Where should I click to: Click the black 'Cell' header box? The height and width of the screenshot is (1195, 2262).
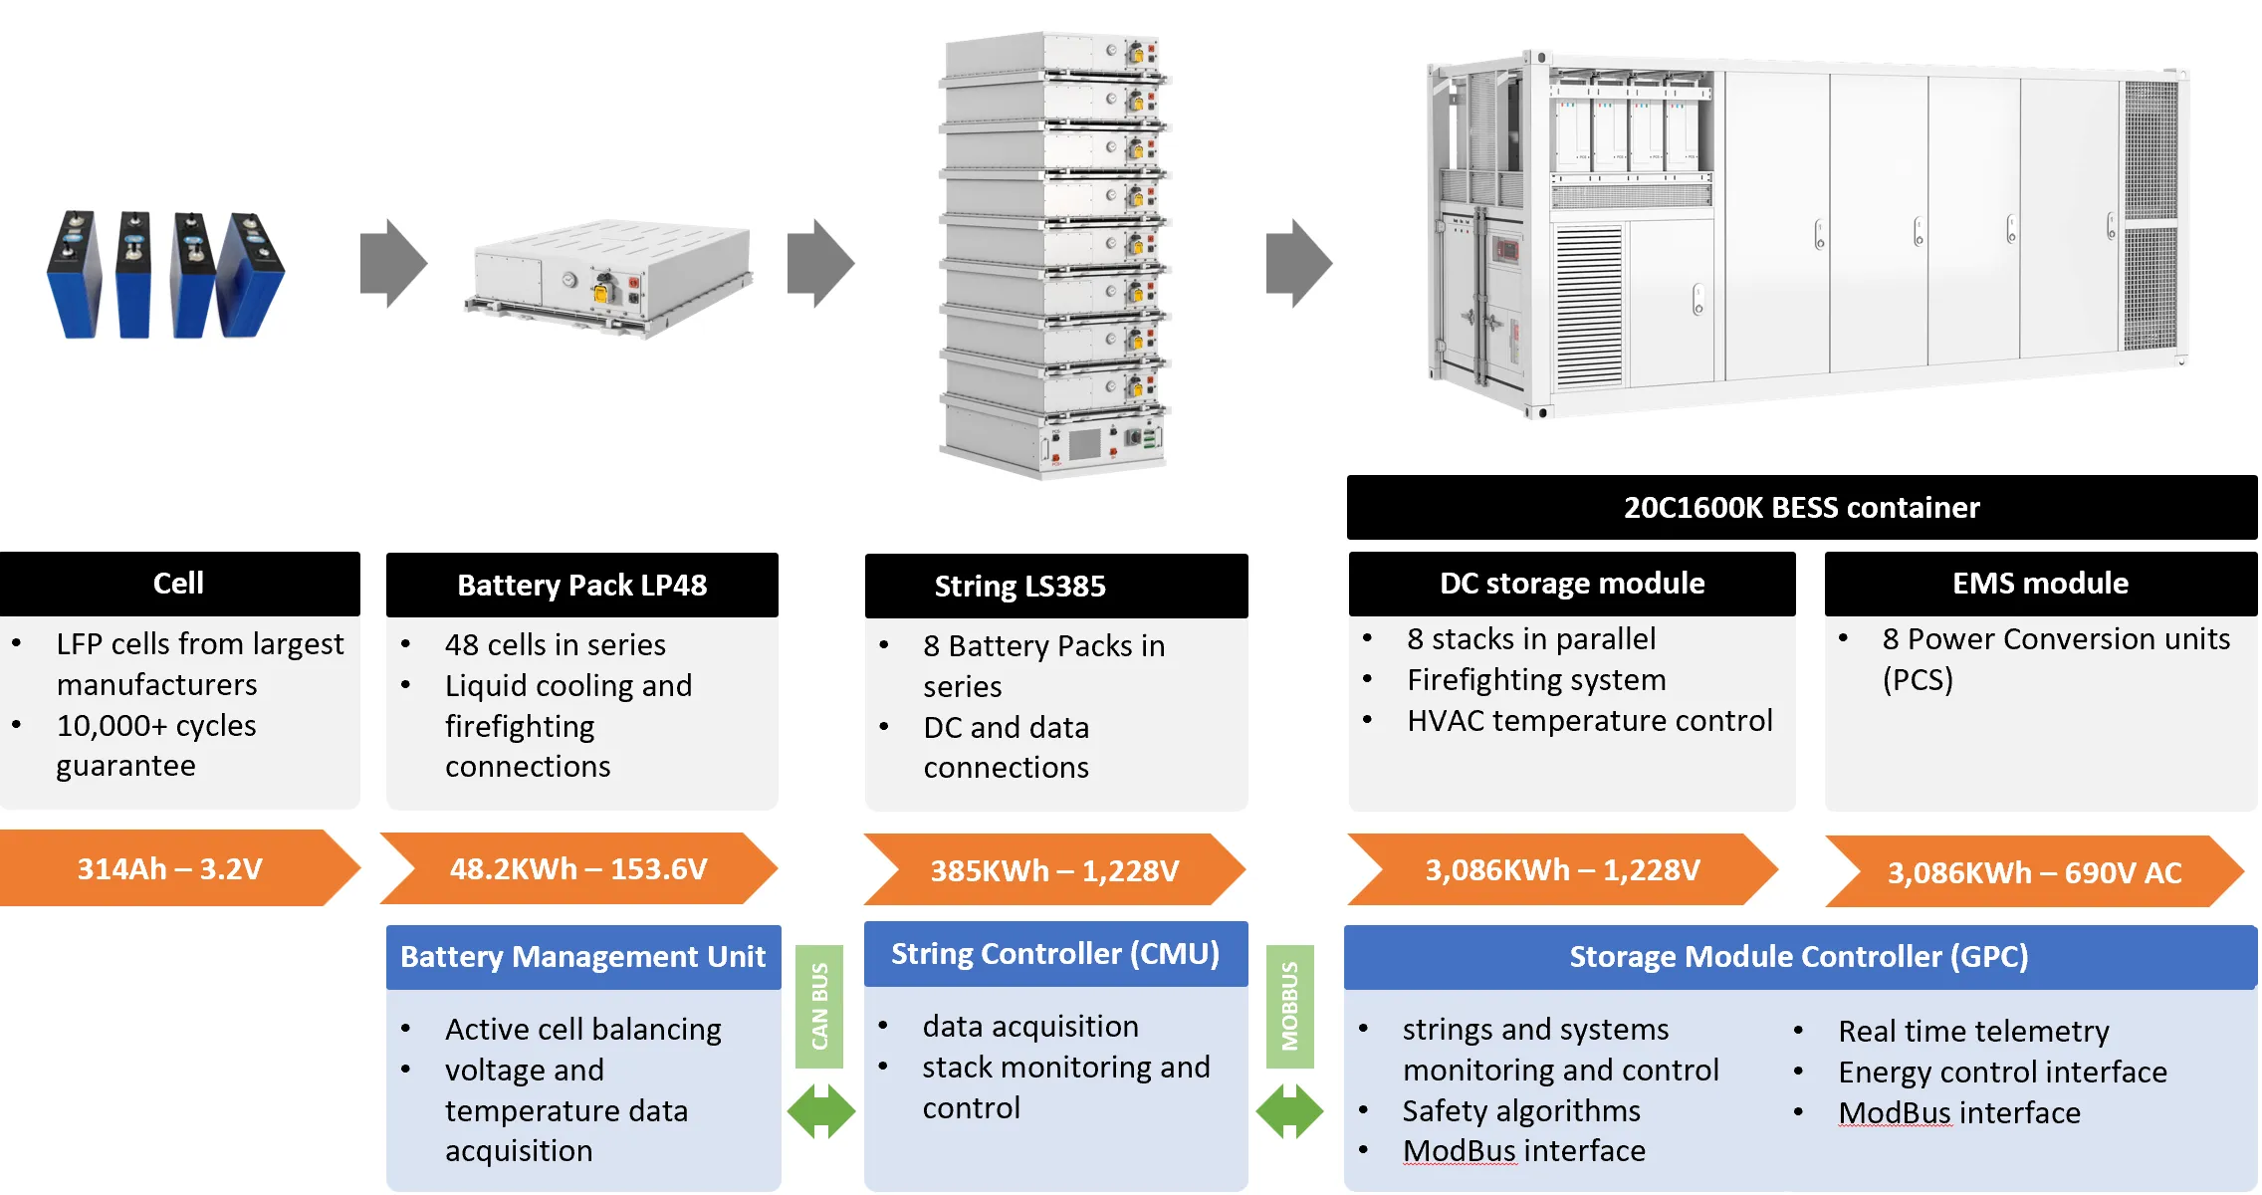coord(179,584)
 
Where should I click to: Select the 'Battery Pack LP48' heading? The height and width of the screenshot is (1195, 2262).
coord(582,585)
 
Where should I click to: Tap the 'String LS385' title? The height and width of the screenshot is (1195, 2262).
coord(1055,586)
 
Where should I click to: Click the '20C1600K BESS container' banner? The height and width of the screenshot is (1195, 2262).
coord(1802,507)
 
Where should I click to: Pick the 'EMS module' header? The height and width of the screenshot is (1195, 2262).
coord(2041,584)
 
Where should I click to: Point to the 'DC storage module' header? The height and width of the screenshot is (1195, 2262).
coord(1572,584)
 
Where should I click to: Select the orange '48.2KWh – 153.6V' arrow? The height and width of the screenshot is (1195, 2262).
coord(578,868)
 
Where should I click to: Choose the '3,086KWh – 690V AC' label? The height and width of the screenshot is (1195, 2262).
coord(2035,871)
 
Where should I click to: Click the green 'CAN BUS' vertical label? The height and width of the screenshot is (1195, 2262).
coord(819,1006)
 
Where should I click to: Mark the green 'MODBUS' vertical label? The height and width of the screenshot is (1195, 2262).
coord(1289,1006)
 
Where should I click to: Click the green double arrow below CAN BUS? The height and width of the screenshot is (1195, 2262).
coord(821,1111)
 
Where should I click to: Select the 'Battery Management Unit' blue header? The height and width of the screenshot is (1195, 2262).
coord(583,957)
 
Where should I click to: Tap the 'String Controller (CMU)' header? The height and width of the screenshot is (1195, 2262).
coord(1055,954)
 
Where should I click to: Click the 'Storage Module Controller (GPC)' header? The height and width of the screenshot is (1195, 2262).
coord(1800,957)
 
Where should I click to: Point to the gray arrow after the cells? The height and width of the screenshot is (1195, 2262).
coord(394,263)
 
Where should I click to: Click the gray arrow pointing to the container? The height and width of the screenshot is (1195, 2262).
coord(1299,263)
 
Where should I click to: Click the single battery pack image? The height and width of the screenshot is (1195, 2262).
coord(609,278)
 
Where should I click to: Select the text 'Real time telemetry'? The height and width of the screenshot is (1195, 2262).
coord(1973,1031)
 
